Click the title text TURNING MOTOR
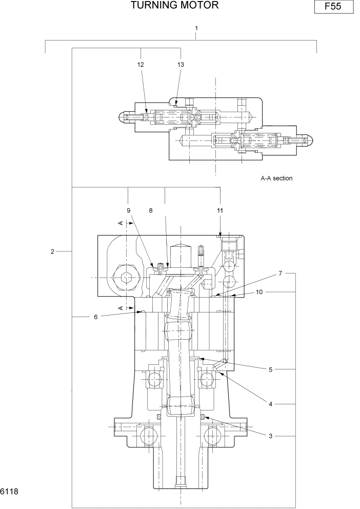[175, 6]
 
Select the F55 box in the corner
[333, 8]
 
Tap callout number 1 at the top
[196, 28]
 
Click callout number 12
[141, 65]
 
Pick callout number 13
[181, 65]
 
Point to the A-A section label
[276, 179]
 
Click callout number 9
[129, 210]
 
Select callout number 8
[151, 210]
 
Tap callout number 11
[220, 210]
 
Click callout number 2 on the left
[52, 251]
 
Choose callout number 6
[95, 317]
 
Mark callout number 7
[281, 273]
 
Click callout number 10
[259, 292]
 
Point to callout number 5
[270, 369]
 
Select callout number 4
[270, 404]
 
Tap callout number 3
[270, 436]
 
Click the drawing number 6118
[9, 492]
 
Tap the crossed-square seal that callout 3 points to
[202, 417]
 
